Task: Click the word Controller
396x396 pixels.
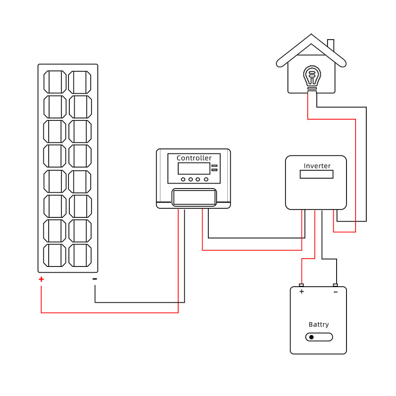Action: click(194, 158)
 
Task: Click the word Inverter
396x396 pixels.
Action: click(317, 166)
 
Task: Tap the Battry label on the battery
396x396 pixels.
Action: click(319, 325)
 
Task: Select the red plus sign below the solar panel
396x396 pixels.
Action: click(41, 279)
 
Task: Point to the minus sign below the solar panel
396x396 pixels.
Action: click(95, 279)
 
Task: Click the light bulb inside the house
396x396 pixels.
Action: click(312, 77)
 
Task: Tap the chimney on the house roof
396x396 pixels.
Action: click(331, 45)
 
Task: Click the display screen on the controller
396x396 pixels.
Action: click(194, 168)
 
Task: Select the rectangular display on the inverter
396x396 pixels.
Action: click(316, 174)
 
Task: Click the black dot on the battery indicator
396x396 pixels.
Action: click(311, 337)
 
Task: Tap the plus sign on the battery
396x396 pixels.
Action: click(302, 292)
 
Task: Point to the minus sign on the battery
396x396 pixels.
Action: click(336, 292)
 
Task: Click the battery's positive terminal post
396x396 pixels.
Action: click(301, 285)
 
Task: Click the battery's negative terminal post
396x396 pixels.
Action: click(335, 285)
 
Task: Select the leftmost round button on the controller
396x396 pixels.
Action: click(183, 179)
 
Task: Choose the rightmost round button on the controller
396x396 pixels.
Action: click(206, 179)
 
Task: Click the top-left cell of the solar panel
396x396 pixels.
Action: click(55, 82)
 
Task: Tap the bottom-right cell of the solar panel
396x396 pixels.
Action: click(80, 255)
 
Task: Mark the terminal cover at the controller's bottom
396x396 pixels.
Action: click(194, 197)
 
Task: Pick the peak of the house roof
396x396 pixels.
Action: click(311, 34)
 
